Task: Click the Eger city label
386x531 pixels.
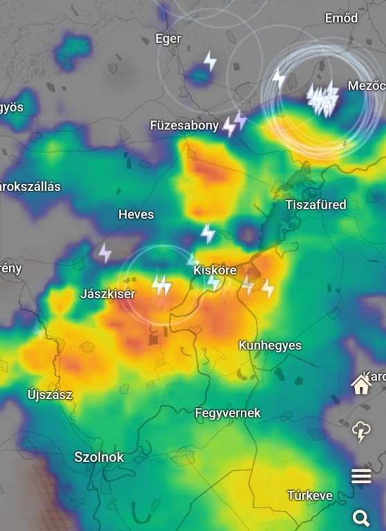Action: click(168, 39)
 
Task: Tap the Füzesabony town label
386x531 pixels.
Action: click(184, 125)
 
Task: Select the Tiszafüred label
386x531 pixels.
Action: click(315, 205)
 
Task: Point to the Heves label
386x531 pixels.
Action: click(136, 214)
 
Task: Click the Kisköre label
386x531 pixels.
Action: click(215, 270)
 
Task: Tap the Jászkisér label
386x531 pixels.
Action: click(107, 294)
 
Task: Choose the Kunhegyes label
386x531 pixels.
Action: click(270, 345)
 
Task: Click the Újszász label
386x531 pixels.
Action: click(50, 395)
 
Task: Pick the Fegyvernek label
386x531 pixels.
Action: click(228, 413)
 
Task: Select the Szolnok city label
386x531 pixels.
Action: click(99, 457)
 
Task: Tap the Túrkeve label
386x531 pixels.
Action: click(310, 495)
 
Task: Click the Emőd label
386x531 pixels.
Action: click(342, 18)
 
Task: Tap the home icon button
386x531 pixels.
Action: click(361, 384)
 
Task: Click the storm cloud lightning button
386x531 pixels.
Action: click(361, 431)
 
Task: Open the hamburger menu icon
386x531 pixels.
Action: click(361, 476)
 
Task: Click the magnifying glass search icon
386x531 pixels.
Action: click(361, 517)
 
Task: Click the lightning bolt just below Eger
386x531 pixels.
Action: click(210, 61)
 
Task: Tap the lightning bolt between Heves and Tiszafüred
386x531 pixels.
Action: click(208, 233)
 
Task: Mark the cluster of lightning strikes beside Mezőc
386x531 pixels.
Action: click(322, 99)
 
